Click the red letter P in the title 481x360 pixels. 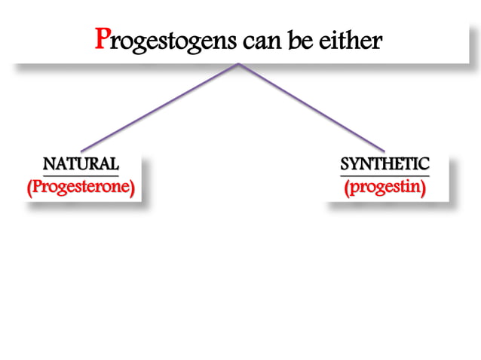point(103,38)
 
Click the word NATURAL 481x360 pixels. point(81,164)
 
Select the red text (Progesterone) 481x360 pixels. point(81,188)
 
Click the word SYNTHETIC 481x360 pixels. point(384,164)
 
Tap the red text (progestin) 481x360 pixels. point(384,188)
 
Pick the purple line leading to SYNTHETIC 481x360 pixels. point(313,107)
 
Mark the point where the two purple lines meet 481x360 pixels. point(239,64)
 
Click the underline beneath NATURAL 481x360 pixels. point(81,175)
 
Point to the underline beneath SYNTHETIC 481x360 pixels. point(384,175)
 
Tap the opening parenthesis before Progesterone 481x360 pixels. point(29,188)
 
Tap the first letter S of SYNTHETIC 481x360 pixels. point(345,164)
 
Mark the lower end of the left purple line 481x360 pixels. point(81,151)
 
